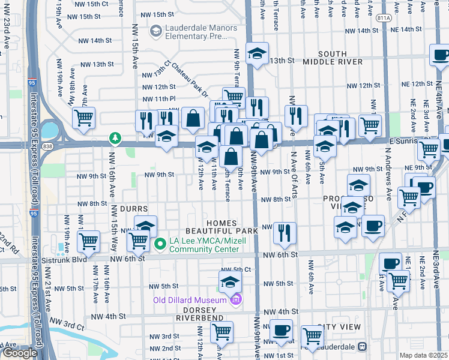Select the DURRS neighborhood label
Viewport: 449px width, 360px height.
134,209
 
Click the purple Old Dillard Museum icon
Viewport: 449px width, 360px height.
237,299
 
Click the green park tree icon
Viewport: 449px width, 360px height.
114,139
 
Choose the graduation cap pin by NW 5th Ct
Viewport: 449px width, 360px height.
229,281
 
